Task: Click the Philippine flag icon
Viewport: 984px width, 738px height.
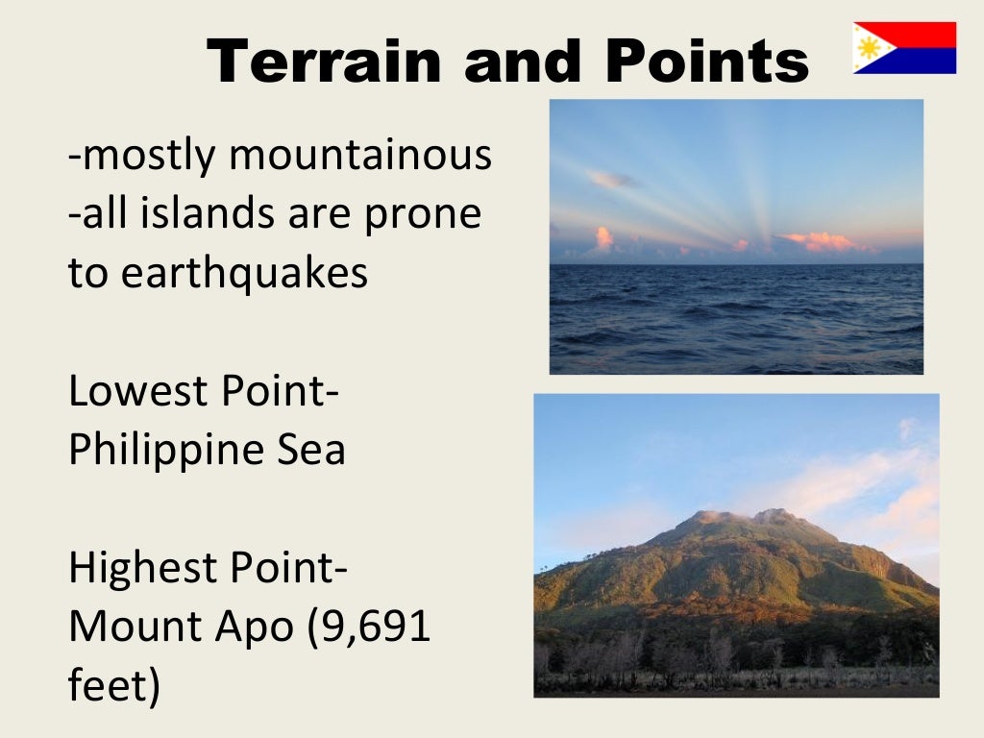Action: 904,48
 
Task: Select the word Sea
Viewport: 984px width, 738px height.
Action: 309,450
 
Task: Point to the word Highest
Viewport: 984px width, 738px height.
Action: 144,569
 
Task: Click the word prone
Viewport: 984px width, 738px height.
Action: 422,213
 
